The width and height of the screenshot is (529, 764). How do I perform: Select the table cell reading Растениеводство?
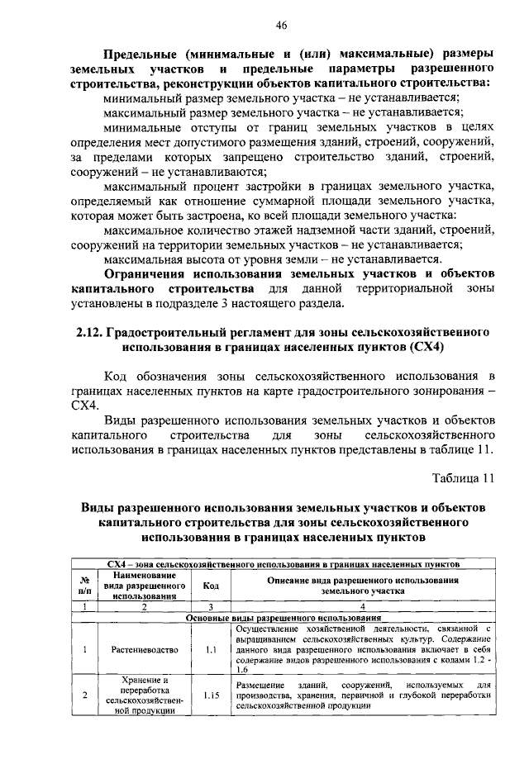point(144,649)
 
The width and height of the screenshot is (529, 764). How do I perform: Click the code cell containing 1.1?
point(210,649)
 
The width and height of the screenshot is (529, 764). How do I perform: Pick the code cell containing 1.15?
point(210,695)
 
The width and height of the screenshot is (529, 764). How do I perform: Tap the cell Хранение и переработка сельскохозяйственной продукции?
point(144,695)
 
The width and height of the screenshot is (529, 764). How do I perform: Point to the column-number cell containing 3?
point(210,607)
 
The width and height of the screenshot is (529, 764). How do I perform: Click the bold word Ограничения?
point(149,273)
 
